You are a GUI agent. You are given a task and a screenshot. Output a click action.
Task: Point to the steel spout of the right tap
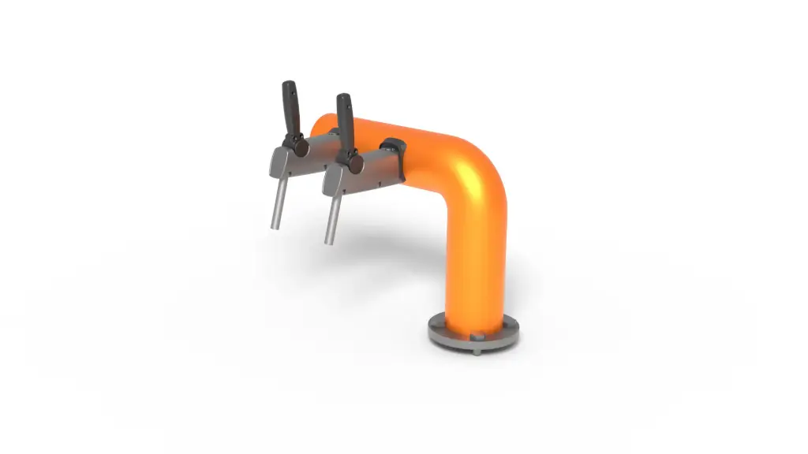(331, 218)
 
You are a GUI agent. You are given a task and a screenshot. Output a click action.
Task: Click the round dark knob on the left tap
(299, 147)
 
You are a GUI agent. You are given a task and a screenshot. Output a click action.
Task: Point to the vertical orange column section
(474, 268)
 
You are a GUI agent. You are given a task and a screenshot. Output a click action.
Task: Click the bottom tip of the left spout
(275, 227)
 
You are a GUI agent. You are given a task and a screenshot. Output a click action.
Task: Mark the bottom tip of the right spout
(328, 241)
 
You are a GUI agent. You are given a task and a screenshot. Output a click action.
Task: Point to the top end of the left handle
(290, 84)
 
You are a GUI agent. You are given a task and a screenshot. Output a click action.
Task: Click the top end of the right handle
(343, 98)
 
